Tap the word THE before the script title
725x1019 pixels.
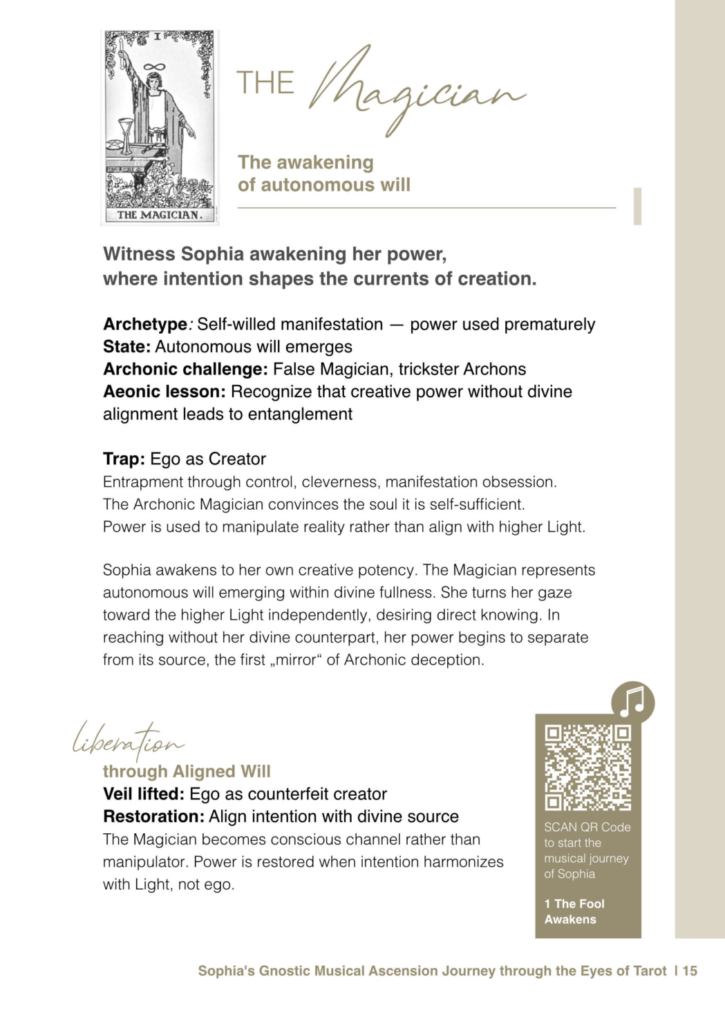265,83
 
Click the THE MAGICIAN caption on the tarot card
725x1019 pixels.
159,215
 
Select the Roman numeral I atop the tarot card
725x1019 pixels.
157,37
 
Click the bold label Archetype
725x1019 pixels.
145,324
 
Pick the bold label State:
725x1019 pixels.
126,347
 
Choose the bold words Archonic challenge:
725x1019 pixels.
185,369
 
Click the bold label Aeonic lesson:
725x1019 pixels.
164,392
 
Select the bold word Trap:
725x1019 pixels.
124,459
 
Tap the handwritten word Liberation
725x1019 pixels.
129,741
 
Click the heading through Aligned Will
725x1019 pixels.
187,771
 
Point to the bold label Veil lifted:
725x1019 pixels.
143,794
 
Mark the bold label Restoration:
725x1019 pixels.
153,817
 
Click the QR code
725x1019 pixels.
587,767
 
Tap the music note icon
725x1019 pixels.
632,703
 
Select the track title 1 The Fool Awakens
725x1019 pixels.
574,911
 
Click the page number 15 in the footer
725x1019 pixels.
690,971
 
